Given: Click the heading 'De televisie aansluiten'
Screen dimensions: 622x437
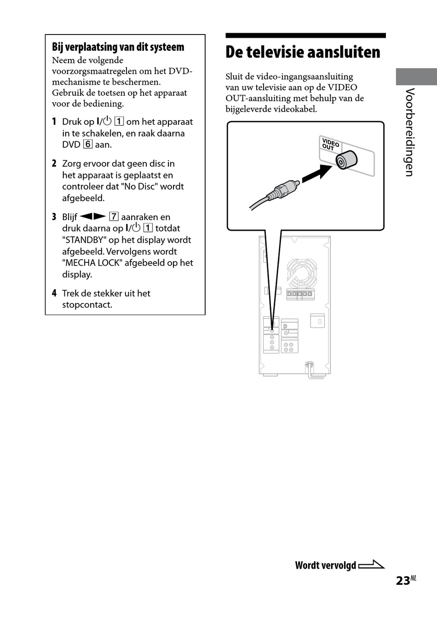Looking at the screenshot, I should tap(303, 52).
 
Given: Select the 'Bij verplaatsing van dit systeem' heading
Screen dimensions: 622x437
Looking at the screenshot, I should tap(118, 47).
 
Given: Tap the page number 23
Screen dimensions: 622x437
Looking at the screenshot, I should tap(402, 581).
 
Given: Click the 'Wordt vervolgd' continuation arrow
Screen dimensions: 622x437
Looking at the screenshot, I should tap(371, 564).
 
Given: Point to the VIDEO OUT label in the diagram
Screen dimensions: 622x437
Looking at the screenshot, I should tap(330, 145).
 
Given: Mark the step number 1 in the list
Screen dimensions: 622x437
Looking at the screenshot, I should tap(54, 122).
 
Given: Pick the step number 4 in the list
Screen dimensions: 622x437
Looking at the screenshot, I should tap(54, 293).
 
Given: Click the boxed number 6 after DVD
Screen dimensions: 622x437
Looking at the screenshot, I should tap(88, 145).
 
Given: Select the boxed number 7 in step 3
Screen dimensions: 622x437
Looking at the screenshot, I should tap(114, 217).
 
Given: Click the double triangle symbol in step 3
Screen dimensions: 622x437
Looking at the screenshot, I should tap(92, 216).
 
